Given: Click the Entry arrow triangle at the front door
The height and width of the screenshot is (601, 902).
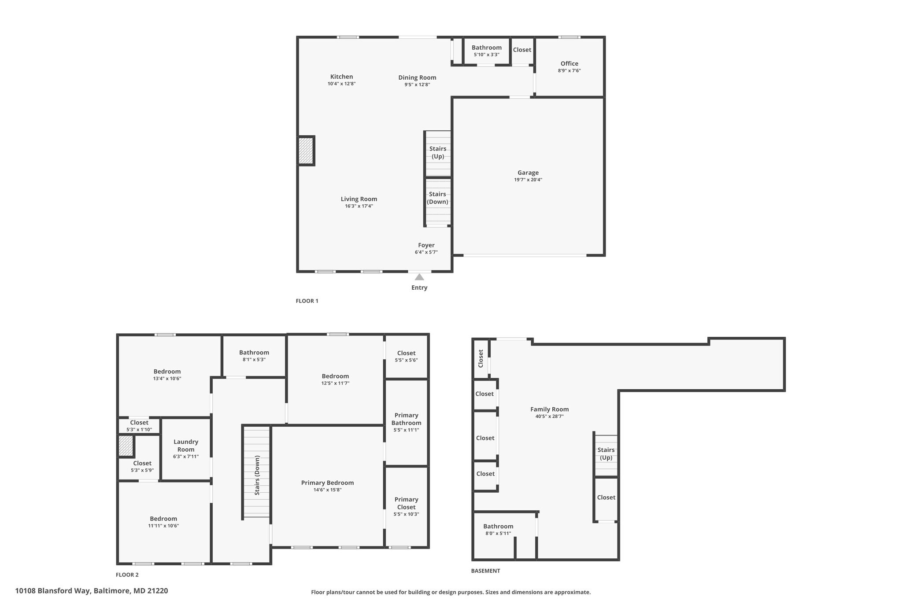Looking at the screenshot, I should (419, 277).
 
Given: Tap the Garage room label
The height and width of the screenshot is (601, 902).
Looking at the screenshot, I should (528, 173).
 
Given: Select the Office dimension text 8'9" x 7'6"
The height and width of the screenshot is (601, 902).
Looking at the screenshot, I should (569, 70).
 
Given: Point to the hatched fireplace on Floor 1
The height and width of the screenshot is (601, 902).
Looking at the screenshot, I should (305, 150).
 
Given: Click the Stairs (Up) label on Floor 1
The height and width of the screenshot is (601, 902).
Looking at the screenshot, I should (438, 152).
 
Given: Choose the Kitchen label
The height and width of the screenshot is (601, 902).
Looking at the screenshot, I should (341, 77).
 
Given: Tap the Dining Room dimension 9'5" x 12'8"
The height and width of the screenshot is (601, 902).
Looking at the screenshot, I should (417, 85).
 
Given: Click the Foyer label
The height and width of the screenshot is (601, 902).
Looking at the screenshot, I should (426, 245).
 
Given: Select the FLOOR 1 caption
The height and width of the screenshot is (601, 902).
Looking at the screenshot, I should (307, 301).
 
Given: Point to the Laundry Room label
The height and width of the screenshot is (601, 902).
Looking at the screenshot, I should (186, 446).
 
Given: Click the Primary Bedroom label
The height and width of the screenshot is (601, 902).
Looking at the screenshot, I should (327, 483).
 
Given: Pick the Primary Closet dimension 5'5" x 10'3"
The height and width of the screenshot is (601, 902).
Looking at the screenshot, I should (406, 514).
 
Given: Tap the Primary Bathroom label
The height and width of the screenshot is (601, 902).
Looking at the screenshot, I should (406, 419).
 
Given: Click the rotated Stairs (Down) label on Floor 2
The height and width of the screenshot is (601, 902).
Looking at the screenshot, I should (257, 475).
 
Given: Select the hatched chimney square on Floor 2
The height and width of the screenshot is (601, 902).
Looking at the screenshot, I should (126, 446).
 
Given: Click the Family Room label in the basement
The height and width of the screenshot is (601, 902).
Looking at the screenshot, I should (549, 409).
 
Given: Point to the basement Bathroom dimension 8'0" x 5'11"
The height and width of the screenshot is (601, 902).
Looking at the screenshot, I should (498, 533).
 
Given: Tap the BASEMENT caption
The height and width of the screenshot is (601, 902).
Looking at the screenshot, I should (485, 571).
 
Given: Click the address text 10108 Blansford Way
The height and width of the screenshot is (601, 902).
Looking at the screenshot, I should (53, 591).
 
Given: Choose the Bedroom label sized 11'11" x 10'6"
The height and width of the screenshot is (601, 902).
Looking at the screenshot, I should (163, 519).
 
